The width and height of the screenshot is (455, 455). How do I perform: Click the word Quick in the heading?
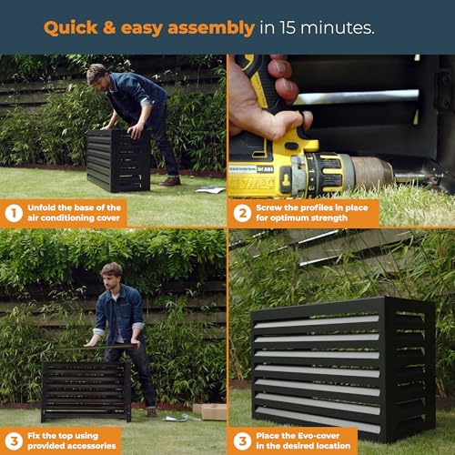pyautogui.click(x=71, y=28)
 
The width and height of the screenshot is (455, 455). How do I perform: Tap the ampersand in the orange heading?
pyautogui.click(x=109, y=27)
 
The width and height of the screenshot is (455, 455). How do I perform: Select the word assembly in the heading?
pyautogui.click(x=211, y=29)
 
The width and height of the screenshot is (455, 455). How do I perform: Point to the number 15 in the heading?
pyautogui.click(x=288, y=27)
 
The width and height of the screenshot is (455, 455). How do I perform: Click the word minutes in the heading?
pyautogui.click(x=337, y=27)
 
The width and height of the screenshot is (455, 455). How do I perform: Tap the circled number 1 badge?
pyautogui.click(x=14, y=213)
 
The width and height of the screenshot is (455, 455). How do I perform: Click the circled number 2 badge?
pyautogui.click(x=242, y=213)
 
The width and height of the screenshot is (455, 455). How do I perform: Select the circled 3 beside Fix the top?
pyautogui.click(x=14, y=440)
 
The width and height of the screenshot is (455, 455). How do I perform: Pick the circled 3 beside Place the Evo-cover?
pyautogui.click(x=242, y=440)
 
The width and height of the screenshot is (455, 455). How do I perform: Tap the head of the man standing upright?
pyautogui.click(x=111, y=275)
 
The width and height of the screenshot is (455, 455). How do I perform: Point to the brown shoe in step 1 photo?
pyautogui.click(x=170, y=181)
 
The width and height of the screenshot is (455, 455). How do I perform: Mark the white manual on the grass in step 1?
pyautogui.click(x=210, y=190)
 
